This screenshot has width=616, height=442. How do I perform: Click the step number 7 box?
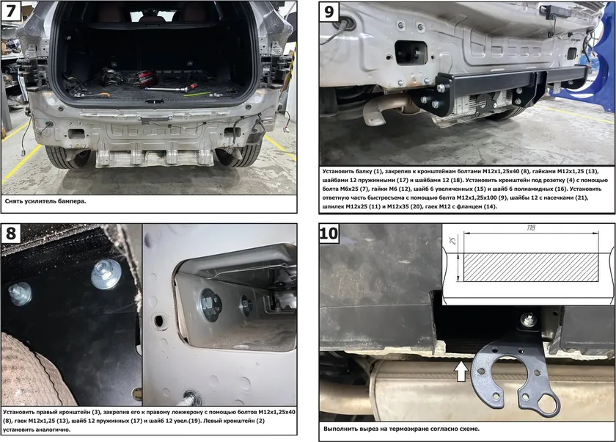(x=10, y=10)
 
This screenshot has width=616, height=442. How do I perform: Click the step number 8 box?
(x=10, y=233)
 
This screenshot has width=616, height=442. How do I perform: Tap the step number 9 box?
(x=329, y=12)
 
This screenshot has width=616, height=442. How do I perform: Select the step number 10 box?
(x=329, y=233)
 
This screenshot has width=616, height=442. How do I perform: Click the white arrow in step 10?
(x=462, y=371)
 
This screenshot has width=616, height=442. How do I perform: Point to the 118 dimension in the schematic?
(x=531, y=228)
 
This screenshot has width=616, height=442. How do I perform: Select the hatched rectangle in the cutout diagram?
(x=531, y=267)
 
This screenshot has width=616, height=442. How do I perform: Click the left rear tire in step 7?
(x=65, y=156)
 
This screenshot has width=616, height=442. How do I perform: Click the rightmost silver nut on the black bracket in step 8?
(x=106, y=273)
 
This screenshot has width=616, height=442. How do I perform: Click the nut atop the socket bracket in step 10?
(x=528, y=321)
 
